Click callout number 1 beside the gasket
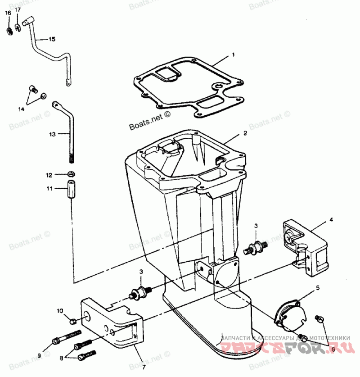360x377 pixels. [234, 55]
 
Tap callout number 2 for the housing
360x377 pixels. [245, 133]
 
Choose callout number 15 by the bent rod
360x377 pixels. [52, 39]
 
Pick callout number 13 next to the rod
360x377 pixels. [52, 134]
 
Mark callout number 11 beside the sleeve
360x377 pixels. [50, 188]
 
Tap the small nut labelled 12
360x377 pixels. [71, 174]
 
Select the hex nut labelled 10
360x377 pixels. [72, 321]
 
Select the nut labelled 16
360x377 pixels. [9, 31]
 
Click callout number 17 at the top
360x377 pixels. [18, 9]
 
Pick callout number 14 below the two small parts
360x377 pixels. [21, 109]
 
